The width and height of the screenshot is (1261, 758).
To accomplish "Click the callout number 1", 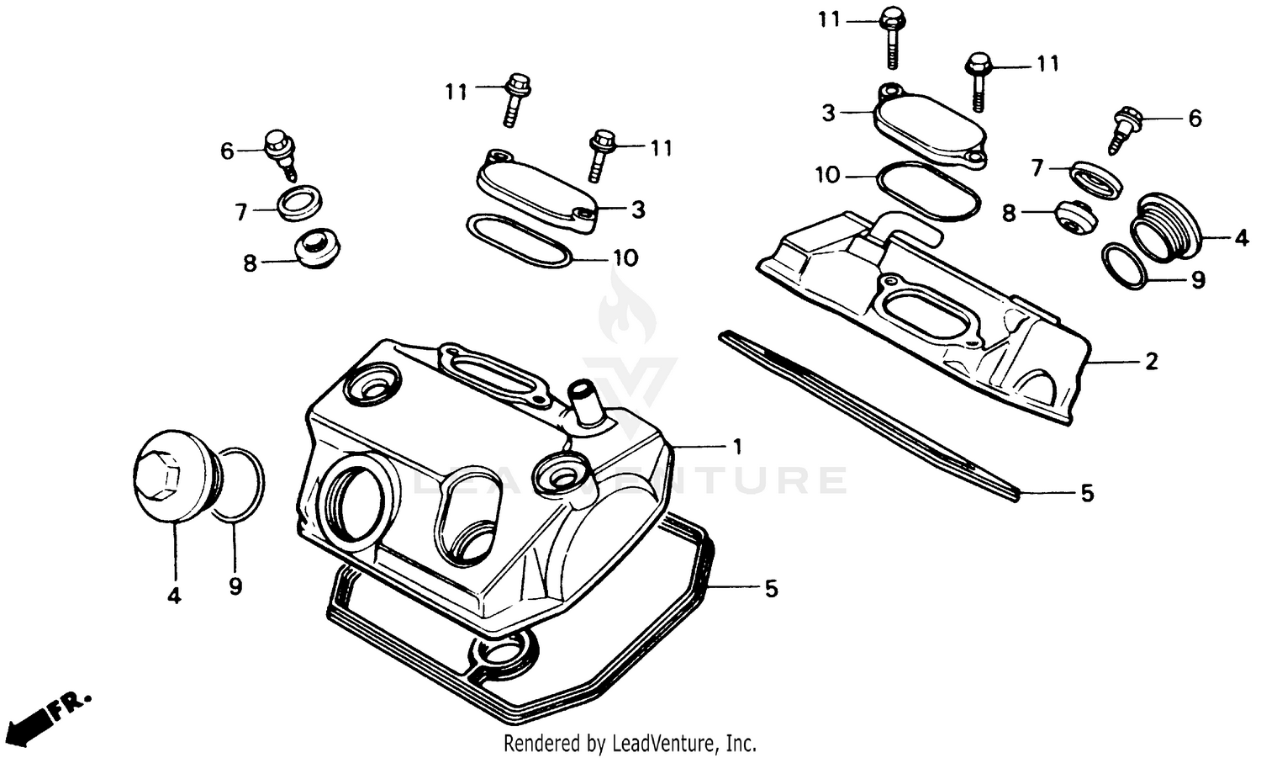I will click(737, 447).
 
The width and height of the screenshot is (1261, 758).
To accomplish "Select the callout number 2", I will click(1151, 362).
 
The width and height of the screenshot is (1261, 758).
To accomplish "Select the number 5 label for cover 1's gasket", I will click(771, 590).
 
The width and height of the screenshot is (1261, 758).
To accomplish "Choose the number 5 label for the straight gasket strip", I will click(1087, 494).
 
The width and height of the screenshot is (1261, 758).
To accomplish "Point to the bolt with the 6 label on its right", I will click(1125, 126).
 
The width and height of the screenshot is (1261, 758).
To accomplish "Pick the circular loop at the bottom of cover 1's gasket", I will click(503, 653).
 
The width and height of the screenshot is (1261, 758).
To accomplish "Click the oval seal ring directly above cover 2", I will click(927, 192).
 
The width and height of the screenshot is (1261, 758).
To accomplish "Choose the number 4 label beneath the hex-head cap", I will click(174, 596).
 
